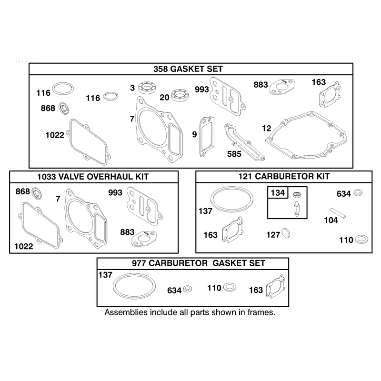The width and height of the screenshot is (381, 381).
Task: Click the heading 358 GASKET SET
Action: pyautogui.click(x=188, y=69)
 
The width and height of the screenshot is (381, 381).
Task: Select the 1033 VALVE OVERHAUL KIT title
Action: pyautogui.click(x=93, y=177)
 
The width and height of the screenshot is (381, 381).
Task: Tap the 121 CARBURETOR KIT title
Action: pyautogui.click(x=284, y=176)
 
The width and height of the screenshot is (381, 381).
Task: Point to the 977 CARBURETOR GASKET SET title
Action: pyautogui.click(x=198, y=263)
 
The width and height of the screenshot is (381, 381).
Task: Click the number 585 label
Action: pyautogui.click(x=234, y=154)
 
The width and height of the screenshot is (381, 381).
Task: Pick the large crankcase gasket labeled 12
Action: pyautogui.click(x=306, y=136)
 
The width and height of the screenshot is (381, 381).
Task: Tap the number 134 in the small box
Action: pyautogui.click(x=278, y=193)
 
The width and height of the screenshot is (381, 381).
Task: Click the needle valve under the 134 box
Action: pyautogui.click(x=296, y=208)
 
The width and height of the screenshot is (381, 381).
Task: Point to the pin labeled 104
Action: pyautogui.click(x=338, y=213)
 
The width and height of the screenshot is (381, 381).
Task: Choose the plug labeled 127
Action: pyautogui.click(x=286, y=233)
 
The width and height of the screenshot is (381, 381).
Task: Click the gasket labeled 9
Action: pyautogui.click(x=207, y=137)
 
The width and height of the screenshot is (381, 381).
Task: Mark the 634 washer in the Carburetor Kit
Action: pyautogui.click(x=358, y=193)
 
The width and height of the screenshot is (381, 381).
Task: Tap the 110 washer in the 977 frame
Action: pyautogui.click(x=230, y=287)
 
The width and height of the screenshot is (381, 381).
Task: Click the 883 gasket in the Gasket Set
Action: pyautogui.click(x=282, y=87)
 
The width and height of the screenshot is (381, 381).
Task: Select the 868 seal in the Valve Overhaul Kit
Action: pyautogui.click(x=37, y=194)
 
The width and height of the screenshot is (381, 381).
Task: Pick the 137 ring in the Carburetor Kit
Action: pyautogui.click(x=232, y=200)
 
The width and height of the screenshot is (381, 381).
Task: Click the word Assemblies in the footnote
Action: pyautogui.click(x=126, y=312)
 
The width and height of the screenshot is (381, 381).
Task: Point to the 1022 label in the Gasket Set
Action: pyautogui.click(x=55, y=135)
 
